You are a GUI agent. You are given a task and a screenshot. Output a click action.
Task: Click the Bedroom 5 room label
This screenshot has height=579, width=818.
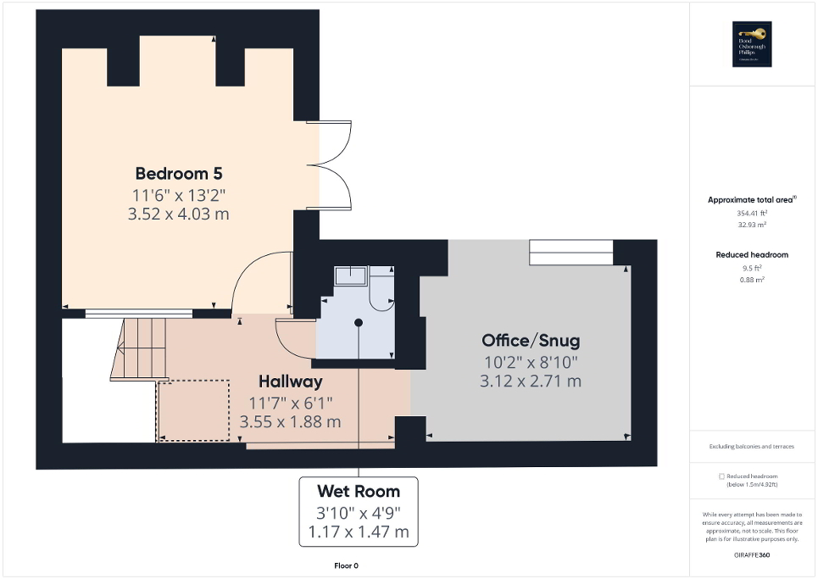click(178, 174)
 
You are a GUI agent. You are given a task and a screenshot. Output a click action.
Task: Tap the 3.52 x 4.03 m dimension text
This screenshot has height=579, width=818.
click(178, 214)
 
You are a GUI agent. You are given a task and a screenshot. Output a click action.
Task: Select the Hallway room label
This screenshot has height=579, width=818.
click(290, 381)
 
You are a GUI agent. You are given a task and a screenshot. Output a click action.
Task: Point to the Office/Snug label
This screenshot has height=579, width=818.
click(531, 341)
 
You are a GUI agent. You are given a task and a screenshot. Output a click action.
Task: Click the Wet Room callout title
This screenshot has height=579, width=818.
click(358, 491)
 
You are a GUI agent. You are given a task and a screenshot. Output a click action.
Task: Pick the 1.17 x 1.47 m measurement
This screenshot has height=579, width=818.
click(358, 532)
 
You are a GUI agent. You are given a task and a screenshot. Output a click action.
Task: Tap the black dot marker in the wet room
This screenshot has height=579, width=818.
click(359, 322)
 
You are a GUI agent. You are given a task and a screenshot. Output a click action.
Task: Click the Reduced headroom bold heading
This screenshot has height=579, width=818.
click(752, 254)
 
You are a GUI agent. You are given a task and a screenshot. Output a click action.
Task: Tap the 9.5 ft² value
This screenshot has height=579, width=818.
click(752, 269)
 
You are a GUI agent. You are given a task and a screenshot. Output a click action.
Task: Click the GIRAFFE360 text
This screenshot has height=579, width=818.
click(752, 553)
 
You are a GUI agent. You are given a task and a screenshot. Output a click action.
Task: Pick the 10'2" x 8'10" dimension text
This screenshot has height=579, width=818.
click(531, 362)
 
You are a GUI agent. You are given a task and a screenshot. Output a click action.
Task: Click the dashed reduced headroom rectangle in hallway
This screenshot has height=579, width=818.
click(193, 410)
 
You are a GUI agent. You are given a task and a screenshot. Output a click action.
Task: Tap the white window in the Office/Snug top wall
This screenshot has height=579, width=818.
click(570, 252)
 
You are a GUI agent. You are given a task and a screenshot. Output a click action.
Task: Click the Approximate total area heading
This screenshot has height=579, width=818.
click(752, 200)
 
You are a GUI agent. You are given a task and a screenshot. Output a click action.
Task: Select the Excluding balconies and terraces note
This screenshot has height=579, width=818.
click(752, 446)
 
